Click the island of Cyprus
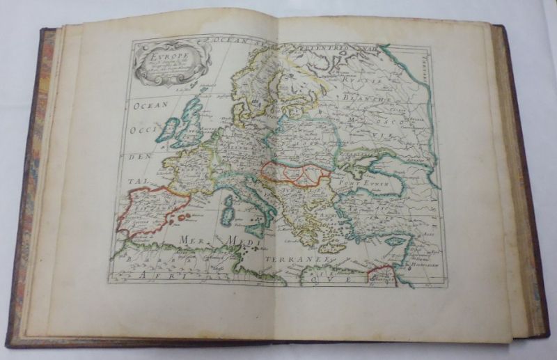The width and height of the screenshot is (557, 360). pos(395,240)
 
